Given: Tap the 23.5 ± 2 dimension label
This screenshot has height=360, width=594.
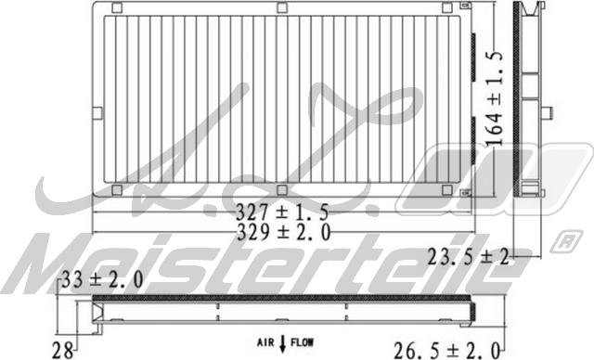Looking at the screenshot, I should point(467,259).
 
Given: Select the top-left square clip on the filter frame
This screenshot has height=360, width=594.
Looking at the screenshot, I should point(116,7).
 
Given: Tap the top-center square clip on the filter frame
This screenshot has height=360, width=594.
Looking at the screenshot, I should point(281,7).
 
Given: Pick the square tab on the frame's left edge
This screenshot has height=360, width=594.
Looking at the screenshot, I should point(97,113).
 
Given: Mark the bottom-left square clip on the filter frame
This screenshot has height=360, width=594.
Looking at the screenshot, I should point(116,190).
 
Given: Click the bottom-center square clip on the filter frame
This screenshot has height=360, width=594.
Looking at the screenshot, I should point(281,190).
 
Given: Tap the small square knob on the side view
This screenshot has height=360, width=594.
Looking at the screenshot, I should point(547,113).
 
